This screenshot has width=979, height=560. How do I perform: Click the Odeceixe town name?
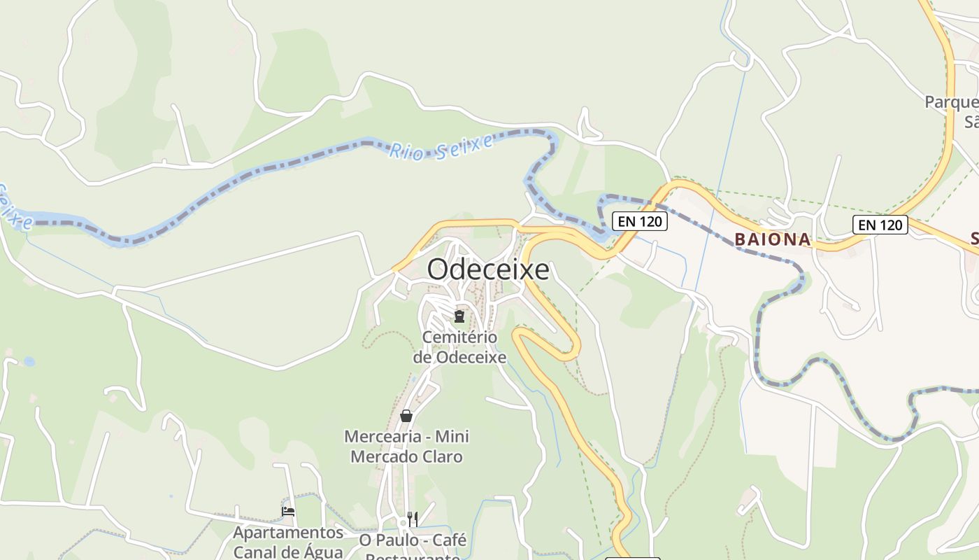(488, 269)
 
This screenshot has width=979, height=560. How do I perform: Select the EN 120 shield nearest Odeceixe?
(640, 222)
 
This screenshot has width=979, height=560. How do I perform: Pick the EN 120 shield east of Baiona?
(880, 225)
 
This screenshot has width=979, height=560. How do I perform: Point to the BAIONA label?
(772, 239)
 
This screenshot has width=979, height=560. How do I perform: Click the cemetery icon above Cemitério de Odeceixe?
(459, 317)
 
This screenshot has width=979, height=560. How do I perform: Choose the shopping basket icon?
(406, 416)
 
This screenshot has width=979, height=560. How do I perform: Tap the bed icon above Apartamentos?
(287, 512)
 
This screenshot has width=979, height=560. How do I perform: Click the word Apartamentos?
(288, 533)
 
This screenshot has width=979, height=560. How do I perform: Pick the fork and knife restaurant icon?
(413, 519)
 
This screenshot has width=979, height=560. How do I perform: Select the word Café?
(450, 540)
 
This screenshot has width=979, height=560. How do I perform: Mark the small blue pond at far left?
(29, 362)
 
